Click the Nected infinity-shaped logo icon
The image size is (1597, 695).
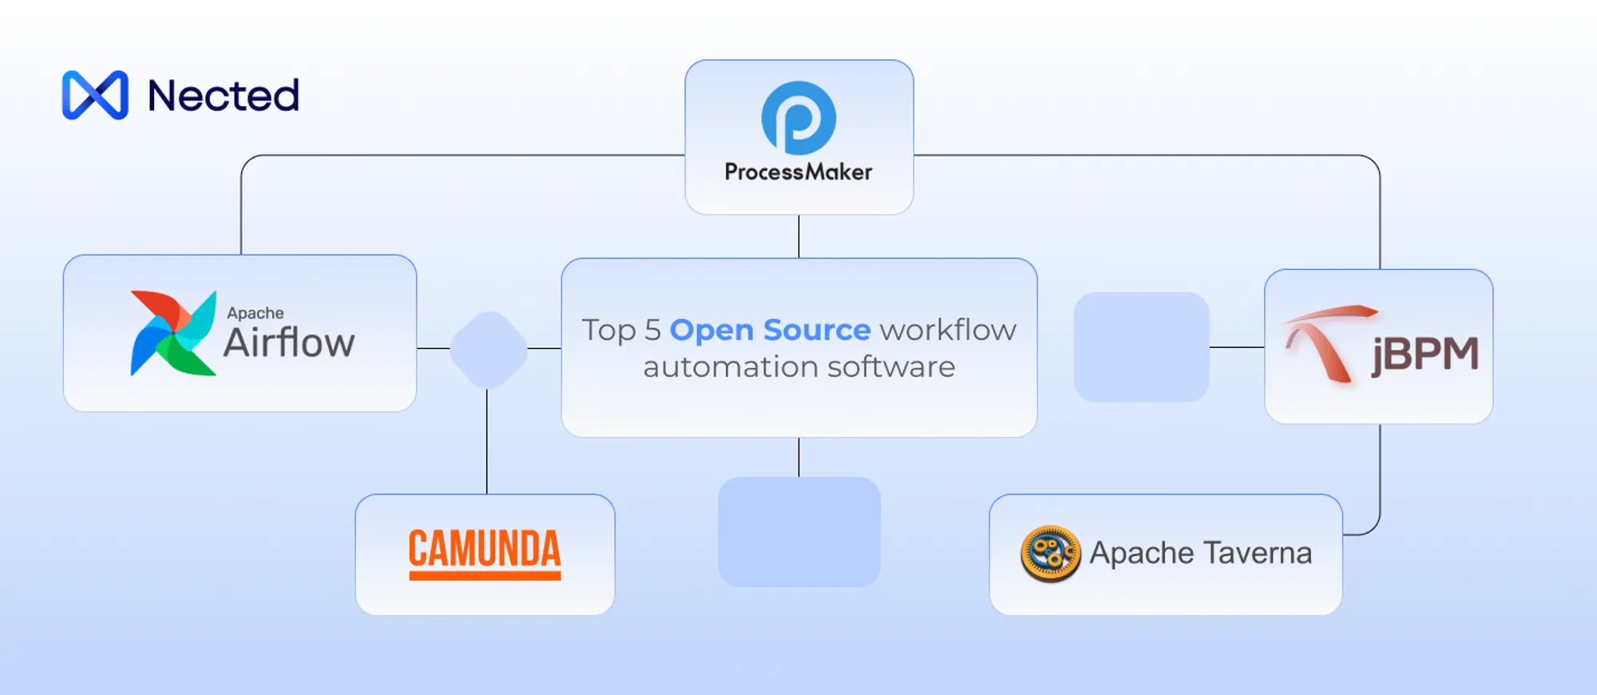[x=95, y=95]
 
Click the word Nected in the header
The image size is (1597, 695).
[x=224, y=96]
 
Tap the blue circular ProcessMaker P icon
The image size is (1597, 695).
[x=798, y=118]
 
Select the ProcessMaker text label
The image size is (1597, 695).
[x=798, y=172]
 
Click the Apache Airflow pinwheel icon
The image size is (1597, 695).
[x=173, y=333]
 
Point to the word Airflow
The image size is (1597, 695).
[x=289, y=343]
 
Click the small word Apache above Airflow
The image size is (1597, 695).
[x=255, y=313]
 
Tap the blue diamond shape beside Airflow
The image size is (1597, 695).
[x=489, y=349]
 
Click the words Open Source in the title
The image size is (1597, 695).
[x=770, y=330]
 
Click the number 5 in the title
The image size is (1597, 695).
[x=652, y=330]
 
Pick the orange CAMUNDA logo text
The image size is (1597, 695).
[x=485, y=551]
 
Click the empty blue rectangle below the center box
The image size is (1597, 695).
[x=799, y=531]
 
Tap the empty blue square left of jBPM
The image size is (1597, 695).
[x=1141, y=347]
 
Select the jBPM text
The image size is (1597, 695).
[x=1425, y=354]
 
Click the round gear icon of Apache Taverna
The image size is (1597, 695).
[x=1051, y=553]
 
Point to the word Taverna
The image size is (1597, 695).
[x=1258, y=553]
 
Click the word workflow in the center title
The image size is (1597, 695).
[x=948, y=330]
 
